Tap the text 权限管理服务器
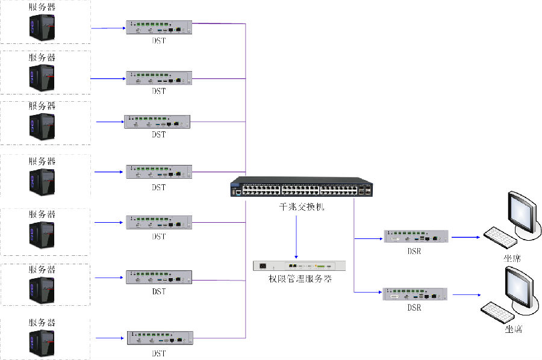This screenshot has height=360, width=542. point(300,279)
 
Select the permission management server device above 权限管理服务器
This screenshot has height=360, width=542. point(300,265)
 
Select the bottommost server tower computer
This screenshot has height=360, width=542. point(42,341)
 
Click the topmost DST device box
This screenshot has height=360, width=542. point(159,28)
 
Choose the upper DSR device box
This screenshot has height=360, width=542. point(416,237)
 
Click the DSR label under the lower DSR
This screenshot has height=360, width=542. point(414,308)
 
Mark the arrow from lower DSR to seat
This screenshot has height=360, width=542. point(467,295)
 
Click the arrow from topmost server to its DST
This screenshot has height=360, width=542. point(108,28)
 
